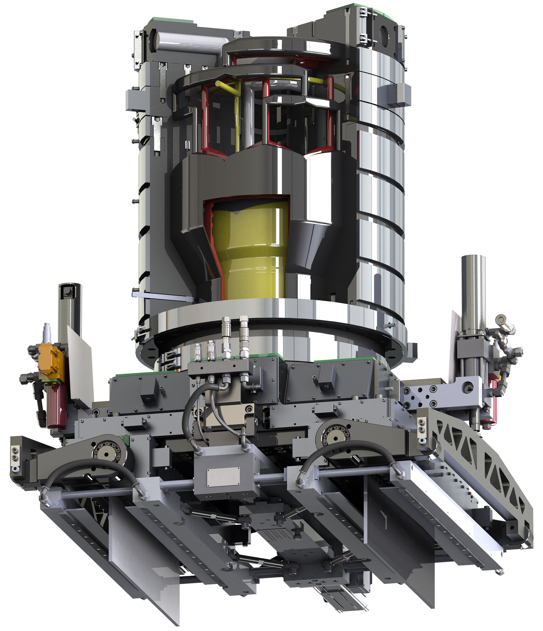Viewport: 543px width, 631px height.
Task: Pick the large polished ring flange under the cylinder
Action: point(274,323)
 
